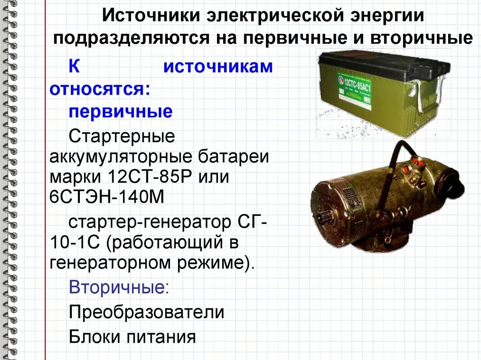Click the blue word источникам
pyautogui.click(x=218, y=67)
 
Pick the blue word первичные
pyautogui.click(x=121, y=112)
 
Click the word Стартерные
pyautogui.click(x=122, y=137)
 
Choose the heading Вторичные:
pyautogui.click(x=119, y=287)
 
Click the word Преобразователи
pyautogui.click(x=147, y=312)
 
